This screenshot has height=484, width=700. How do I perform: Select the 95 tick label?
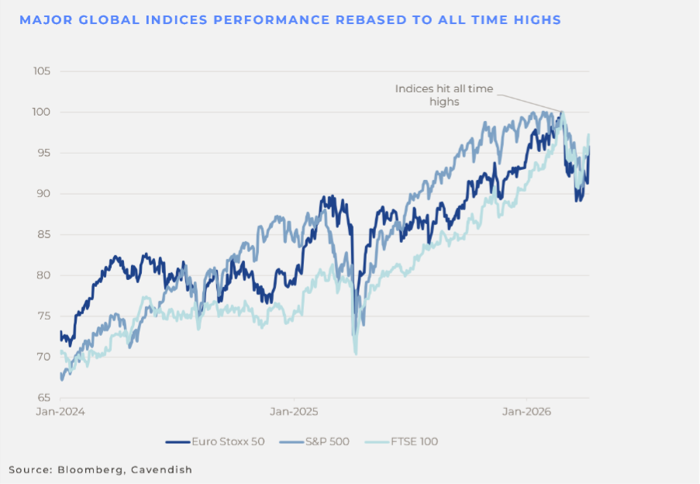(43, 153)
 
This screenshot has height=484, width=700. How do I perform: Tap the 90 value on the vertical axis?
(43, 194)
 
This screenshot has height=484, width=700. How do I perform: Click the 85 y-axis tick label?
(43, 234)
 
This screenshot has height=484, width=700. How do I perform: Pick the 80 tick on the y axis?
(43, 275)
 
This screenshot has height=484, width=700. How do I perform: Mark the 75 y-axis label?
(43, 316)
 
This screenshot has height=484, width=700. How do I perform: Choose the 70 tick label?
(43, 357)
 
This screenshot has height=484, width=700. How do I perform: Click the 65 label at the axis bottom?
(43, 397)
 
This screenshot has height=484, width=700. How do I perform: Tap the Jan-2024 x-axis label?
(60, 411)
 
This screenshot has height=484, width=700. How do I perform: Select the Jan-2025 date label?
(293, 411)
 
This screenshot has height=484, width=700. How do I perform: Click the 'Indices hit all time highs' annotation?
(443, 95)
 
